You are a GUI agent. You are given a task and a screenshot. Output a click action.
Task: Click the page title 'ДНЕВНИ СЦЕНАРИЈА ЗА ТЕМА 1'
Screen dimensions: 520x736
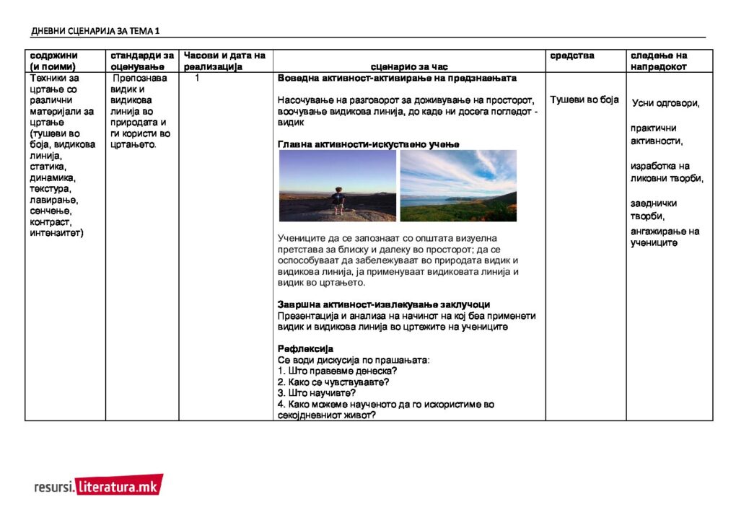point(95,31)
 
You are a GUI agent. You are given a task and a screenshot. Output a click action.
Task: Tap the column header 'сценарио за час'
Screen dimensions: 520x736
point(410,66)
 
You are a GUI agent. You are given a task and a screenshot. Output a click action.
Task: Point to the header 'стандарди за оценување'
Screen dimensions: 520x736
point(141,61)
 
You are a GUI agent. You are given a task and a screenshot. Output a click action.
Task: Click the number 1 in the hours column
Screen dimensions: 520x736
point(197,78)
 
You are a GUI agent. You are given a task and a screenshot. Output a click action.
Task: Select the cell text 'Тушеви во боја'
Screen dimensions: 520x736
point(584,100)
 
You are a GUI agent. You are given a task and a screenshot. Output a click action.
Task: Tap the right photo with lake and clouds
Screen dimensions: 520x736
point(458,185)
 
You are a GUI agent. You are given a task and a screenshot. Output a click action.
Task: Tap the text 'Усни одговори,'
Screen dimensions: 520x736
point(665,103)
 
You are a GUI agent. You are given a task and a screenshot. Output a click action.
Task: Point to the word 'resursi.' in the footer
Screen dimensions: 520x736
point(54,488)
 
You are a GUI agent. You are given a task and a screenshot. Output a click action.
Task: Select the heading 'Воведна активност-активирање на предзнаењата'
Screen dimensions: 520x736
point(397,78)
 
